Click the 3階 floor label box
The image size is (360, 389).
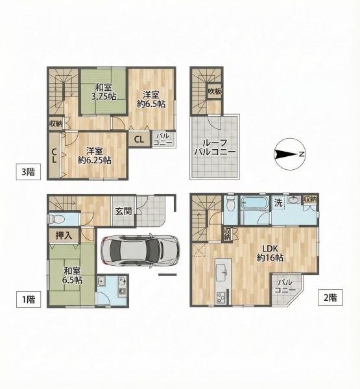29,172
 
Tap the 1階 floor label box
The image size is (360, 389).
29,300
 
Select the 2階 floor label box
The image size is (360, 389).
330,297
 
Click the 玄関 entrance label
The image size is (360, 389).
123,211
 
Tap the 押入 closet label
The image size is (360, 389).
64,235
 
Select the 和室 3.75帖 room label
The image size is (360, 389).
104,92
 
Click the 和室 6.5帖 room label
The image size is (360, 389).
73,276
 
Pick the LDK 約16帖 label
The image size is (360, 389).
270,253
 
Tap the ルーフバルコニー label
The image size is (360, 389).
215,147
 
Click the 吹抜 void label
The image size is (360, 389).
215,91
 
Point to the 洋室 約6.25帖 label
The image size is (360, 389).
94,156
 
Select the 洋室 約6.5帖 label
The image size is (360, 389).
151,99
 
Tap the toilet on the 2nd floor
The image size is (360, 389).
230,203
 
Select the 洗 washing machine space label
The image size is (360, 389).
278,203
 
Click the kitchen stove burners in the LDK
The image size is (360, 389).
221,298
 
